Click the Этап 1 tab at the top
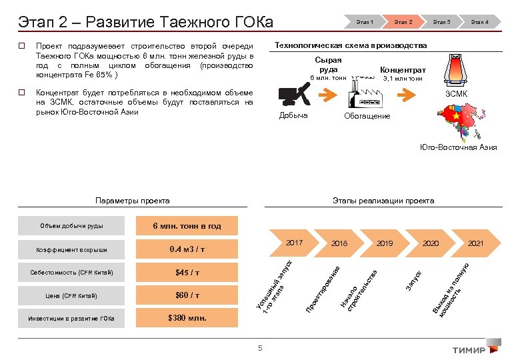tap(364, 22)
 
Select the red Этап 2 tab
tap(403, 22)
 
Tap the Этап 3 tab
tap(441, 22)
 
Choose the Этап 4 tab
tap(480, 22)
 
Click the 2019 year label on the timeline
tap(385, 243)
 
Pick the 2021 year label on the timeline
tap(475, 243)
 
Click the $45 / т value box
tap(187, 272)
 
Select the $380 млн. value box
tap(187, 318)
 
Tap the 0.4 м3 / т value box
tap(187, 249)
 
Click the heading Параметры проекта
tap(132, 200)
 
